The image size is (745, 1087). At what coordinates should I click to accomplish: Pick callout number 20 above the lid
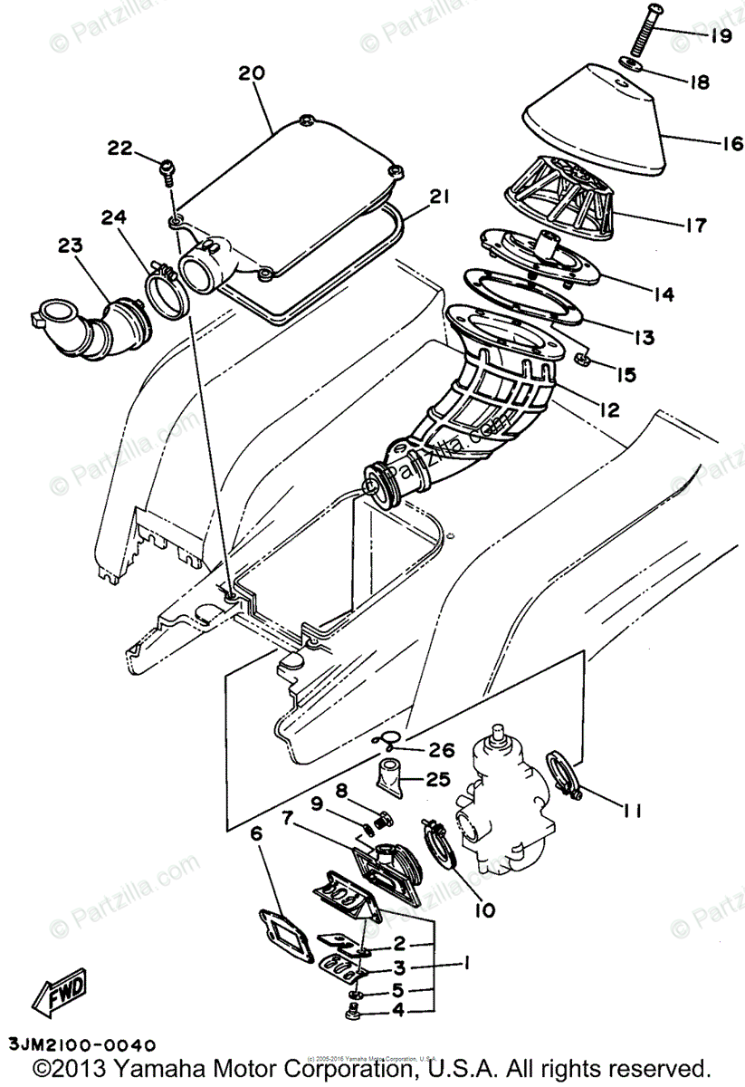click(x=252, y=73)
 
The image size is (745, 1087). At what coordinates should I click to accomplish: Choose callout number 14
click(x=664, y=293)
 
